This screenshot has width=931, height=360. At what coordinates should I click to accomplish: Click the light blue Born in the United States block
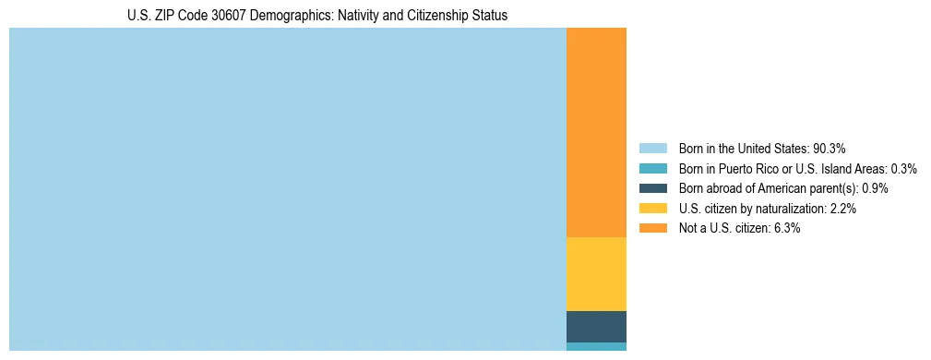(x=287, y=189)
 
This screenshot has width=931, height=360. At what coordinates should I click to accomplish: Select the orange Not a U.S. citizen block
(x=596, y=133)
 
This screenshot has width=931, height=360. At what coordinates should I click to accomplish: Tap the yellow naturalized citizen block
(x=596, y=274)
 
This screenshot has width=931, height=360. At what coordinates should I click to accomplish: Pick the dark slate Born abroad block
(x=596, y=327)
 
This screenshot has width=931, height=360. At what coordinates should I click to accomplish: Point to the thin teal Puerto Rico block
(x=596, y=346)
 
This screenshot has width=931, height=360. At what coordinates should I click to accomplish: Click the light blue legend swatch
(x=652, y=149)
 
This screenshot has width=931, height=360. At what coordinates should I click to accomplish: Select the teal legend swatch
(x=652, y=169)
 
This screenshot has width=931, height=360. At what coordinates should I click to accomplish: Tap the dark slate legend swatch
(x=652, y=188)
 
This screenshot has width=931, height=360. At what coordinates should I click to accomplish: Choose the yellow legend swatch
(x=652, y=209)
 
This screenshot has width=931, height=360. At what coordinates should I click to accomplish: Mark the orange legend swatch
(x=652, y=228)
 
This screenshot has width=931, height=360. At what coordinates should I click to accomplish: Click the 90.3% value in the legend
(x=830, y=149)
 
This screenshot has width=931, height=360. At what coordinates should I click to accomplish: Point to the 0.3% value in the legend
(x=904, y=169)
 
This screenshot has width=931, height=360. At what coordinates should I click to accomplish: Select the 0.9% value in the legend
(x=876, y=188)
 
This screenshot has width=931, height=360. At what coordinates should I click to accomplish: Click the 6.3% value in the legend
(x=787, y=228)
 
